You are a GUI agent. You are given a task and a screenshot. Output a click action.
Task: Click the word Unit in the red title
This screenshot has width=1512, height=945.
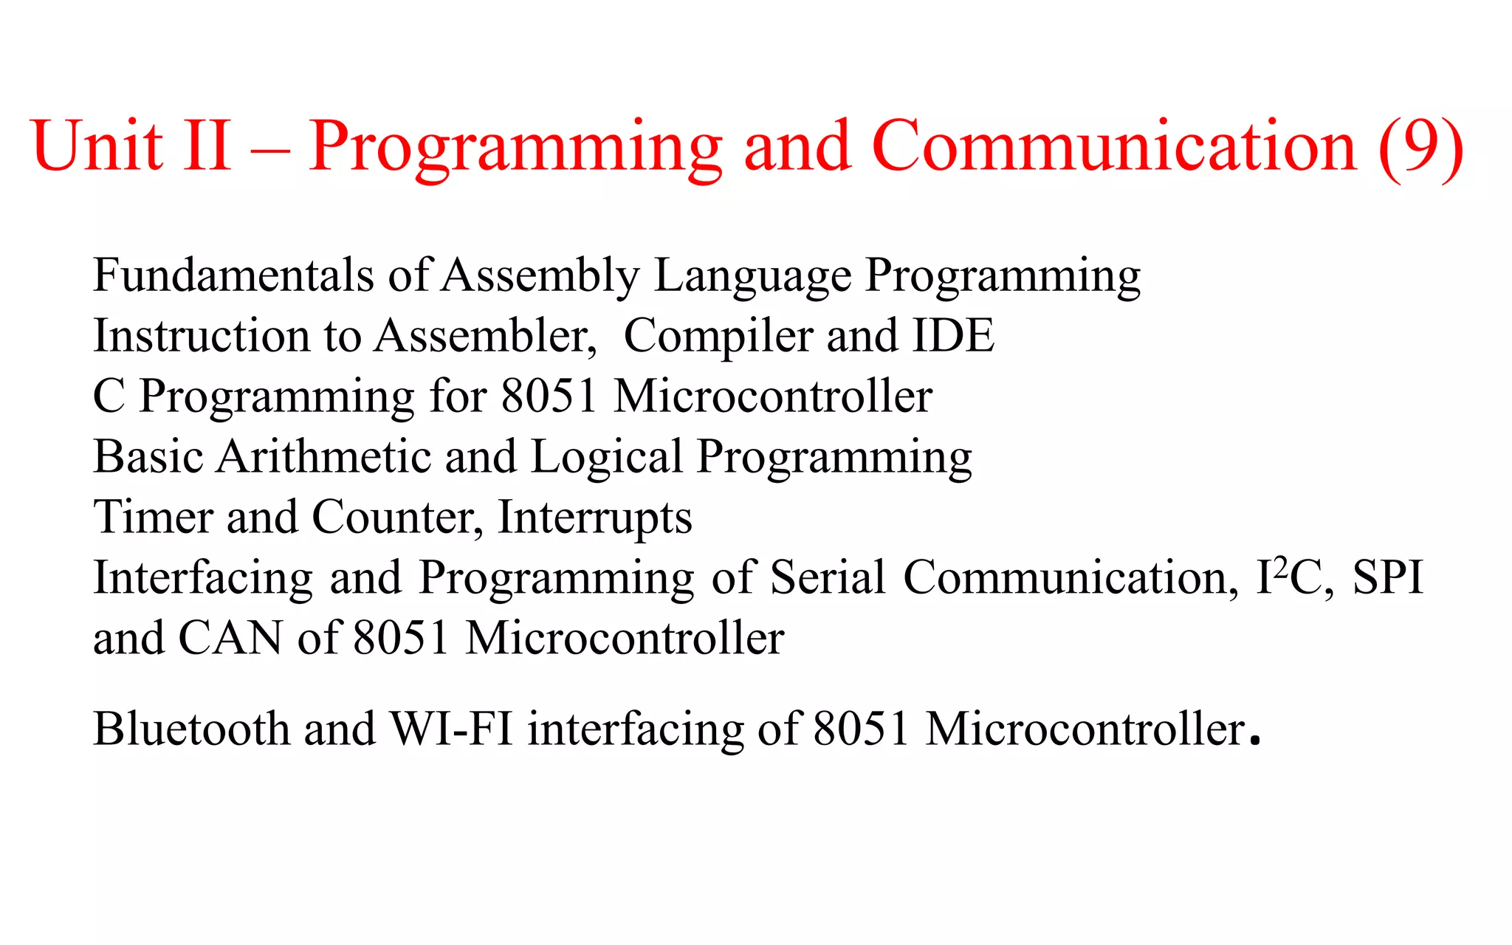coord(97,145)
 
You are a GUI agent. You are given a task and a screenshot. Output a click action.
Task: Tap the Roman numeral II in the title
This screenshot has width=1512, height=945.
coord(207,145)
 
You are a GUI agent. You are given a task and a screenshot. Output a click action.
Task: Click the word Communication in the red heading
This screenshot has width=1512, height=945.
coord(1114,145)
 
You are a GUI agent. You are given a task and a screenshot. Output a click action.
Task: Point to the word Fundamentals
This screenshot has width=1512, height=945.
coord(233,275)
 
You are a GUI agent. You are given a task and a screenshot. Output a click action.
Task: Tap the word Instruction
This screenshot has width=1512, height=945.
coord(202,336)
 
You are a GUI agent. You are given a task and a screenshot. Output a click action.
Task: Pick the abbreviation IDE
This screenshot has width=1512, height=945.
coord(954,336)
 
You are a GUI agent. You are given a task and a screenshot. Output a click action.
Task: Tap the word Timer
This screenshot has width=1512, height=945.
coord(153,517)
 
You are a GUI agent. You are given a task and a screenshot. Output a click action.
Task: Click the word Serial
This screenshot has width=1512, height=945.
coord(828,577)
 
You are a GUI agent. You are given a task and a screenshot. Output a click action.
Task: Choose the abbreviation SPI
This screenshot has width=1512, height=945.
coord(1387,577)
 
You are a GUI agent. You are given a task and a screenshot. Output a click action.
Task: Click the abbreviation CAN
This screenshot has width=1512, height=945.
coord(230,638)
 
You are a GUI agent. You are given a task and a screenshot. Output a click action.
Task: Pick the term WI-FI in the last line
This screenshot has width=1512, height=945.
coord(451,729)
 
